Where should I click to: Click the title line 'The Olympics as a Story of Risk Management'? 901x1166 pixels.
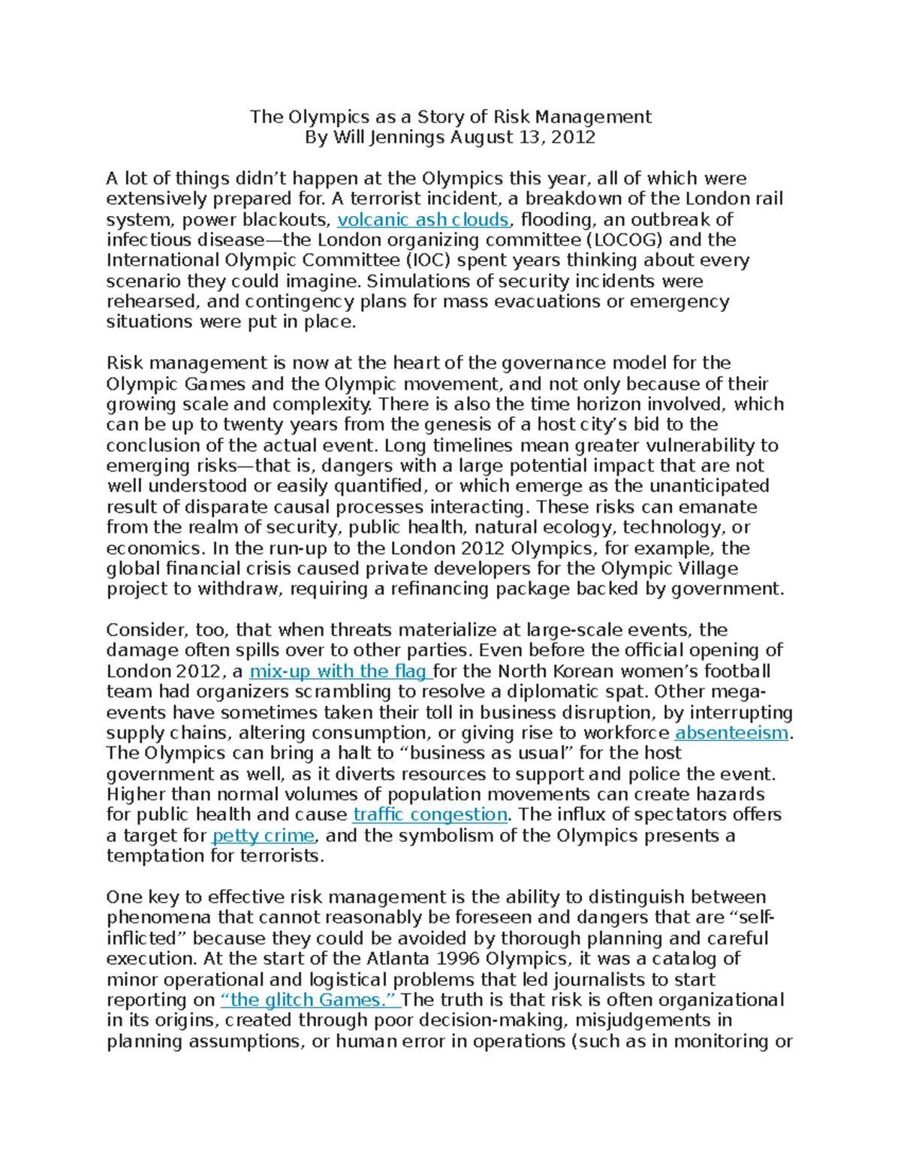point(450,117)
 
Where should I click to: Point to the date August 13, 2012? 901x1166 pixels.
point(523,137)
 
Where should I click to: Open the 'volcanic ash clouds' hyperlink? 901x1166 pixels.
point(423,220)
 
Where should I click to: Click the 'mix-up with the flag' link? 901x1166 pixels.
point(340,671)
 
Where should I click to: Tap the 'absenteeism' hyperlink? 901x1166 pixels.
point(732,733)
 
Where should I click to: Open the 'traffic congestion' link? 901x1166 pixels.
point(430,815)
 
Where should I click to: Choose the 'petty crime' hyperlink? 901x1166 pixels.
point(264,836)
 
